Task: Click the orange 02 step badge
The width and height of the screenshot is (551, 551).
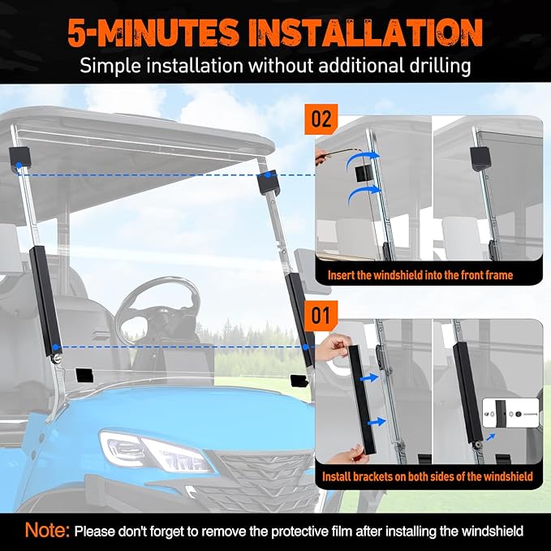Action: (321, 119)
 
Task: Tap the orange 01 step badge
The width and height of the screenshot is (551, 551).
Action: (321, 315)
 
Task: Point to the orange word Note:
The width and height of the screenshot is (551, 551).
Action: (47, 530)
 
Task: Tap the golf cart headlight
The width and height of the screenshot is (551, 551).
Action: (156, 451)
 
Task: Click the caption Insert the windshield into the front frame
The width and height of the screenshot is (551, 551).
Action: (420, 275)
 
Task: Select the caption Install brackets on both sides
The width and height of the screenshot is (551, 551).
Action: (428, 476)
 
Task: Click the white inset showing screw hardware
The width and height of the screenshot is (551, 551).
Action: (510, 413)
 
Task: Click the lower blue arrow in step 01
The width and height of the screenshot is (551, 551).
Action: (377, 421)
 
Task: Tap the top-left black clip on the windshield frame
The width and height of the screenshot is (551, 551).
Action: (20, 157)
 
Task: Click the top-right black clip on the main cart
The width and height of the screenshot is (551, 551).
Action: (269, 182)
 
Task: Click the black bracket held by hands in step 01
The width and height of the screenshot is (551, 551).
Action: (362, 399)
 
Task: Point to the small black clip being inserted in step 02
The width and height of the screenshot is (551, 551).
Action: (364, 174)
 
